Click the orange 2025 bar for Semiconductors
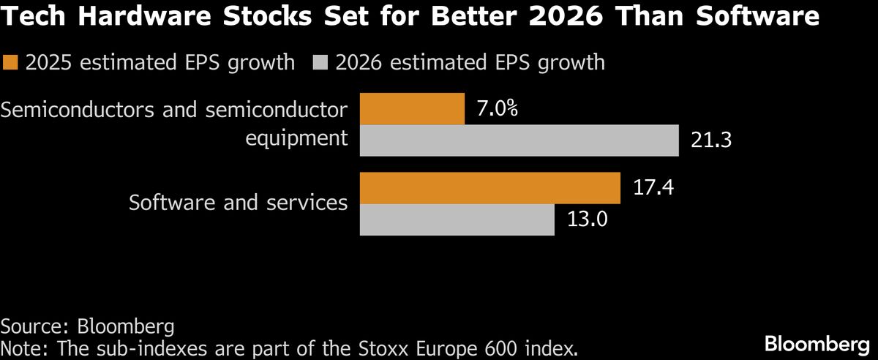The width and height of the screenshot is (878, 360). pyautogui.click(x=412, y=109)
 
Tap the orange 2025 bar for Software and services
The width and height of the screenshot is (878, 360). pyautogui.click(x=489, y=189)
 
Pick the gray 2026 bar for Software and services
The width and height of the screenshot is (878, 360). pyautogui.click(x=457, y=220)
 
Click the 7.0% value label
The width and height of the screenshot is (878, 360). pyautogui.click(x=497, y=110)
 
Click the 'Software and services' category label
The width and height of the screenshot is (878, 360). pyautogui.click(x=238, y=202)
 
